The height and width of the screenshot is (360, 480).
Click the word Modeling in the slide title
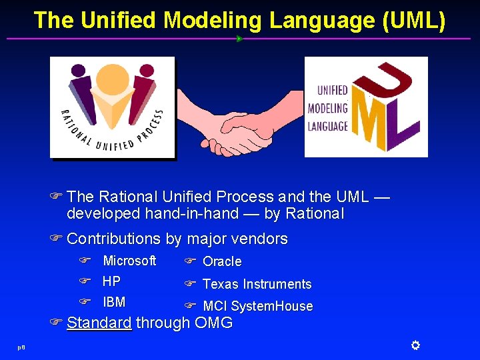[x=213, y=21]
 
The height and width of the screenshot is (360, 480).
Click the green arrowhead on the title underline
[x=239, y=39]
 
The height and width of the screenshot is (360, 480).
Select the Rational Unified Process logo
[x=112, y=107]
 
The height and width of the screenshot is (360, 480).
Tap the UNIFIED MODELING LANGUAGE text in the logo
[x=328, y=108]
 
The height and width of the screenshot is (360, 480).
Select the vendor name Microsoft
[x=129, y=261]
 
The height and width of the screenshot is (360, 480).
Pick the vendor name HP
[x=111, y=281]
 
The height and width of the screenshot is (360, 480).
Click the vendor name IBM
[x=114, y=302]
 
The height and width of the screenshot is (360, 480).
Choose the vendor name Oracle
[x=222, y=261]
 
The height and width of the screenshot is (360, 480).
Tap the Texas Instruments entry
[x=257, y=284]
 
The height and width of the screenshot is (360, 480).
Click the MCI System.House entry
[x=257, y=306]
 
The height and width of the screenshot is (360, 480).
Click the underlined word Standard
[x=99, y=323]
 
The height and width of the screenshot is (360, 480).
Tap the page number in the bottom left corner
[x=22, y=347]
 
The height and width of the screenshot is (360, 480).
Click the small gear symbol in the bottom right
[x=415, y=345]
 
